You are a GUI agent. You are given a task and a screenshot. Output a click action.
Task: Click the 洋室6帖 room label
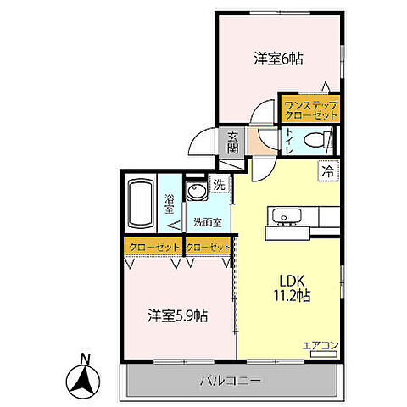[x=278, y=59]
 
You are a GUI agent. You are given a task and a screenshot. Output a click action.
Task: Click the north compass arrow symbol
[x=84, y=379]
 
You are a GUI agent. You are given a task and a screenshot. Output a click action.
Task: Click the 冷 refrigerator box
[x=327, y=170]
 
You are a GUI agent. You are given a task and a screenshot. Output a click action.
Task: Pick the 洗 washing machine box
[x=219, y=185]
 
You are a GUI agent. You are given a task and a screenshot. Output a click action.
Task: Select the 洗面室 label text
[x=207, y=223]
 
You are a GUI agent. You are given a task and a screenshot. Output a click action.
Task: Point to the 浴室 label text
[x=168, y=203]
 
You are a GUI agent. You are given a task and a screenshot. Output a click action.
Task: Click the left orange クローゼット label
[x=153, y=247]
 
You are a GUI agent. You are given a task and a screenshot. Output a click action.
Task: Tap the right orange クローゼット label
[x=208, y=247]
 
